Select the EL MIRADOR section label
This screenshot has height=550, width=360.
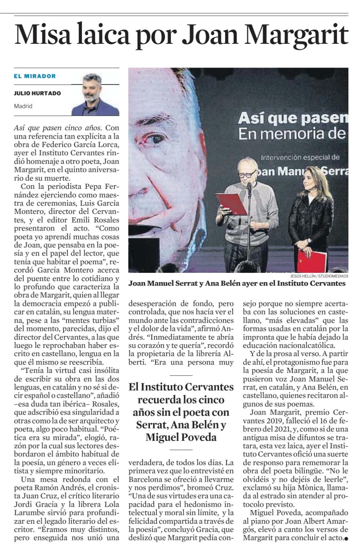click(x=35, y=76)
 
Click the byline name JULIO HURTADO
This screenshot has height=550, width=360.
click(x=37, y=93)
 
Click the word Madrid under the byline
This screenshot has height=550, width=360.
click(x=23, y=106)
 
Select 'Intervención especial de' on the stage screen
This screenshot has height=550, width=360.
click(x=300, y=157)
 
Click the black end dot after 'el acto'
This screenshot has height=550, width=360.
click(x=346, y=538)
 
